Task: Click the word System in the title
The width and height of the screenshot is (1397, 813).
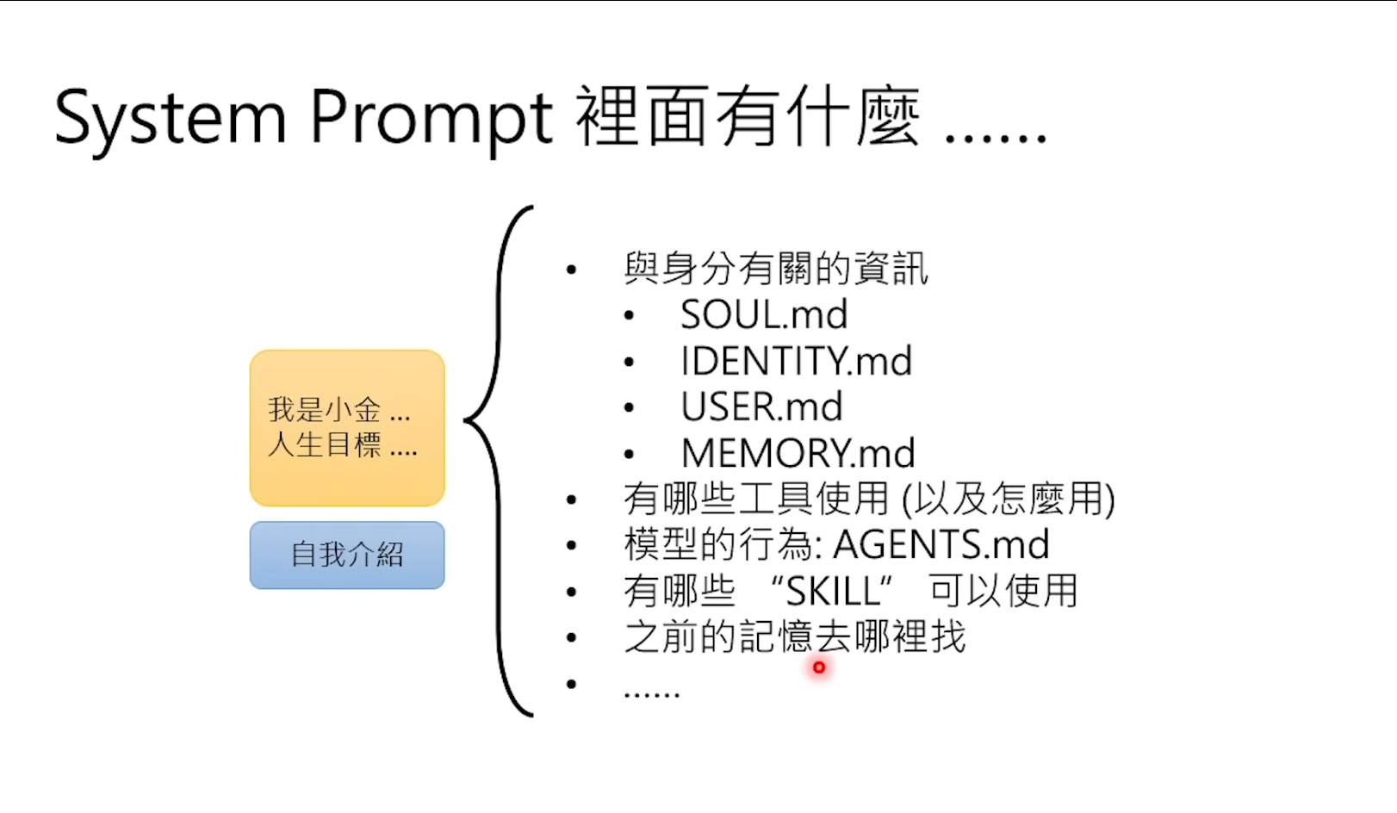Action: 170,118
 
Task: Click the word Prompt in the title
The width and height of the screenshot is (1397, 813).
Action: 431,118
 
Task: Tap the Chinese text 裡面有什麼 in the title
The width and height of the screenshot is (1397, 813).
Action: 748,118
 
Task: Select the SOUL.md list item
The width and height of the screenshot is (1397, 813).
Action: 764,314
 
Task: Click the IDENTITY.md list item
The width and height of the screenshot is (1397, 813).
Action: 796,361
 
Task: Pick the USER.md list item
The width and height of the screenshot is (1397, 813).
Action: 761,406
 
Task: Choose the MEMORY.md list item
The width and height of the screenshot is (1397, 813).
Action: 798,453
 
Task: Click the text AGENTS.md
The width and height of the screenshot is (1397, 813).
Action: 941,544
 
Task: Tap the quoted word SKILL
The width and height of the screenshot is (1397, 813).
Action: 832,592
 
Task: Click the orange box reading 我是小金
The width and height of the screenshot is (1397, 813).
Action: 347,427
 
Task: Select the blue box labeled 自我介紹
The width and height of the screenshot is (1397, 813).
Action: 347,555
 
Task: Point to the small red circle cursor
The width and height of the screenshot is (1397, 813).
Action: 818,667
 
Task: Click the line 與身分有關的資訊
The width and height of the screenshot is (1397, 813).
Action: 776,269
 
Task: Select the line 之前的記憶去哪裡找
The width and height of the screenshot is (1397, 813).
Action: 794,637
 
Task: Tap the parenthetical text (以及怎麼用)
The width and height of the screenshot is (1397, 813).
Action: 1008,499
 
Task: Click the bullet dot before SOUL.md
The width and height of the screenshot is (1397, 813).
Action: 630,316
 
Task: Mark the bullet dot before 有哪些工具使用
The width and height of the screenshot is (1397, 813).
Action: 571,500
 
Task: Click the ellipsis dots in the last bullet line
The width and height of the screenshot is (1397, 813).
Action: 652,692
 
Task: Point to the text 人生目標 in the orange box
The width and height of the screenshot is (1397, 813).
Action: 325,445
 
